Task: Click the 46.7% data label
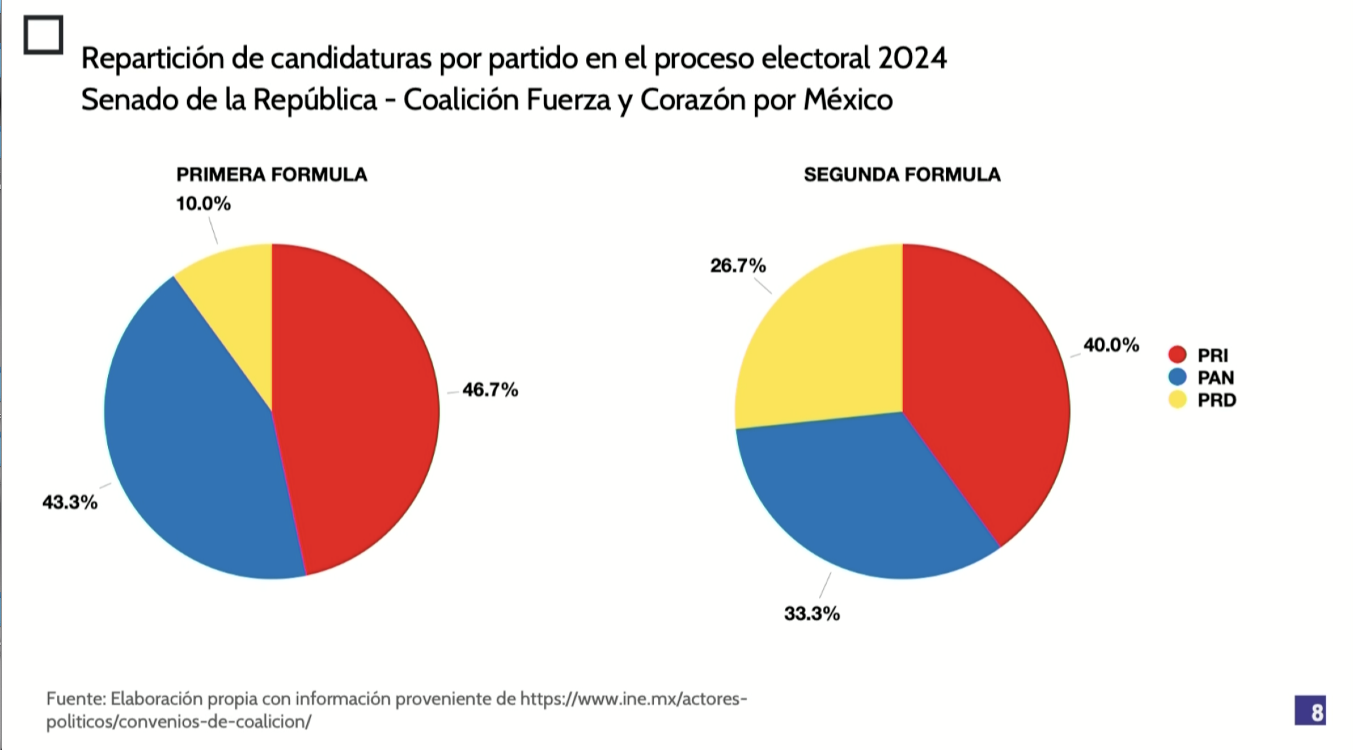pos(490,390)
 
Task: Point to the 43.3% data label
pos(70,503)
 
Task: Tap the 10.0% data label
pos(203,204)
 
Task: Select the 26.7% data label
pos(738,266)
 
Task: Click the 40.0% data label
pos(1111,345)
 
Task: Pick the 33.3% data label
pos(812,613)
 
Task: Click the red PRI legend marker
pos(1178,354)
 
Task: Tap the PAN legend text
pos(1216,378)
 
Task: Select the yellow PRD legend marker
pos(1178,400)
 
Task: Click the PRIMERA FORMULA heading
pos(272,175)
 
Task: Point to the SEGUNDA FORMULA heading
pos(902,175)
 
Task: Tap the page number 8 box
pos(1310,711)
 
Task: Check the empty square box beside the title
pos(43,35)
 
